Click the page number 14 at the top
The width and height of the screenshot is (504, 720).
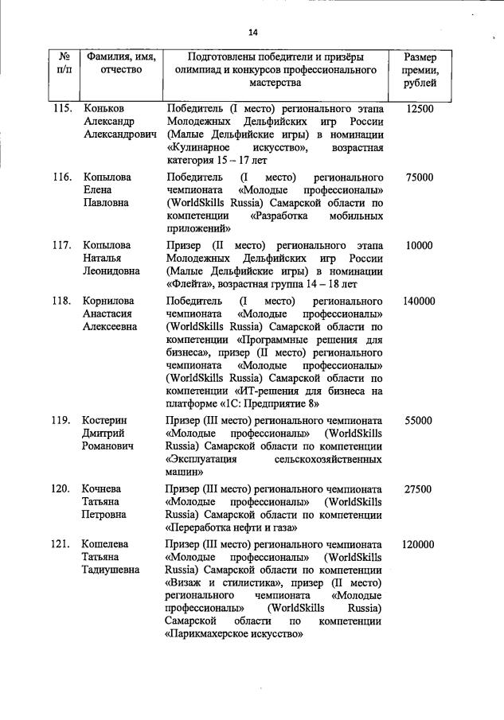pos(252,32)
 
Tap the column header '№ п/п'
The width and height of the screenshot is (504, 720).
pos(64,64)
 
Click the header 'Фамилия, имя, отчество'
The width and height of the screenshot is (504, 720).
pos(122,64)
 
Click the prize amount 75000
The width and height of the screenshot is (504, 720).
pos(419,177)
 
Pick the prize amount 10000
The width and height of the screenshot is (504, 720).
pos(419,246)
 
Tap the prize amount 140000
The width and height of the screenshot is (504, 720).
pos(419,302)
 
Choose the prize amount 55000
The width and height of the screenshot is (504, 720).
pos(419,420)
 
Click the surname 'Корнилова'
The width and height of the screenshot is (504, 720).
pos(110,302)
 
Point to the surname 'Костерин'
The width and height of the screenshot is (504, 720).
pos(107,420)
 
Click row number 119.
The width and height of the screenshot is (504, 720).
pos(64,420)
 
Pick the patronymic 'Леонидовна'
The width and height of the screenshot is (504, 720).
pos(112,271)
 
